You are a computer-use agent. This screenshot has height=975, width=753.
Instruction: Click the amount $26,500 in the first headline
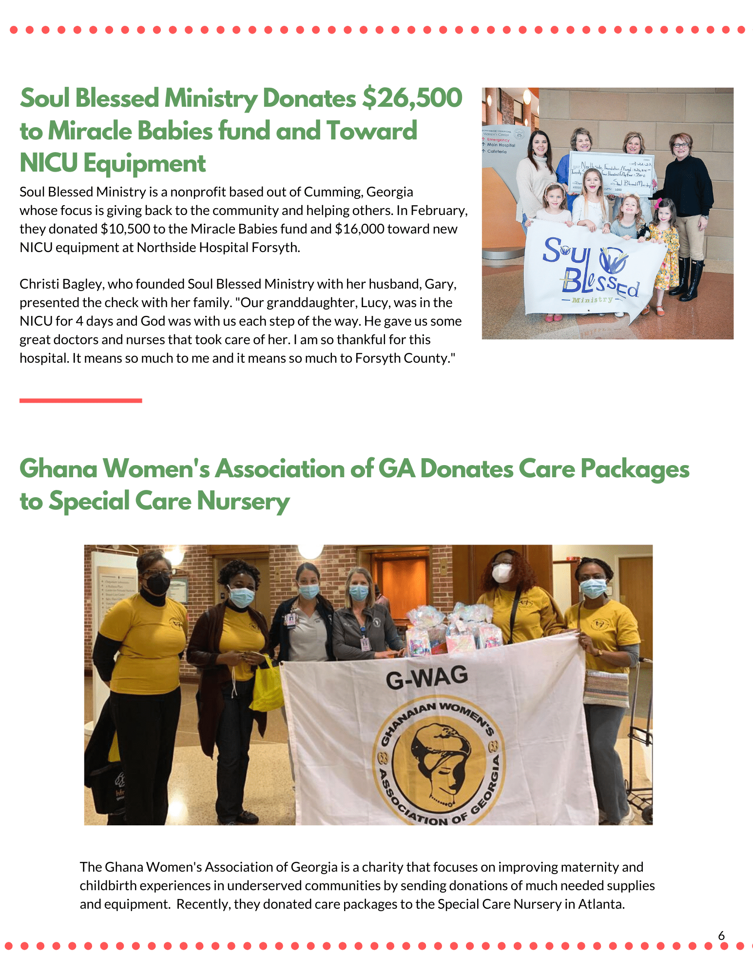point(412,98)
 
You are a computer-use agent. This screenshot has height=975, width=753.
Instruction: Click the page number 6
point(721,936)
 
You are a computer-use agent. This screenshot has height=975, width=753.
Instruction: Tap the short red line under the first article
point(80,401)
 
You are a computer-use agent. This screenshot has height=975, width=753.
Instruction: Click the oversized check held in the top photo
point(612,174)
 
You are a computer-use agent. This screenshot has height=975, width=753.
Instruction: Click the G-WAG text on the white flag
point(426,678)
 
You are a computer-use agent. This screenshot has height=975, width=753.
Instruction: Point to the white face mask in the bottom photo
point(502,573)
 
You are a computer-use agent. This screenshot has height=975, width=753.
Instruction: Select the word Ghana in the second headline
point(58,469)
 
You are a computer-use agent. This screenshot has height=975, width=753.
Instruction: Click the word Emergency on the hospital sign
point(498,139)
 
